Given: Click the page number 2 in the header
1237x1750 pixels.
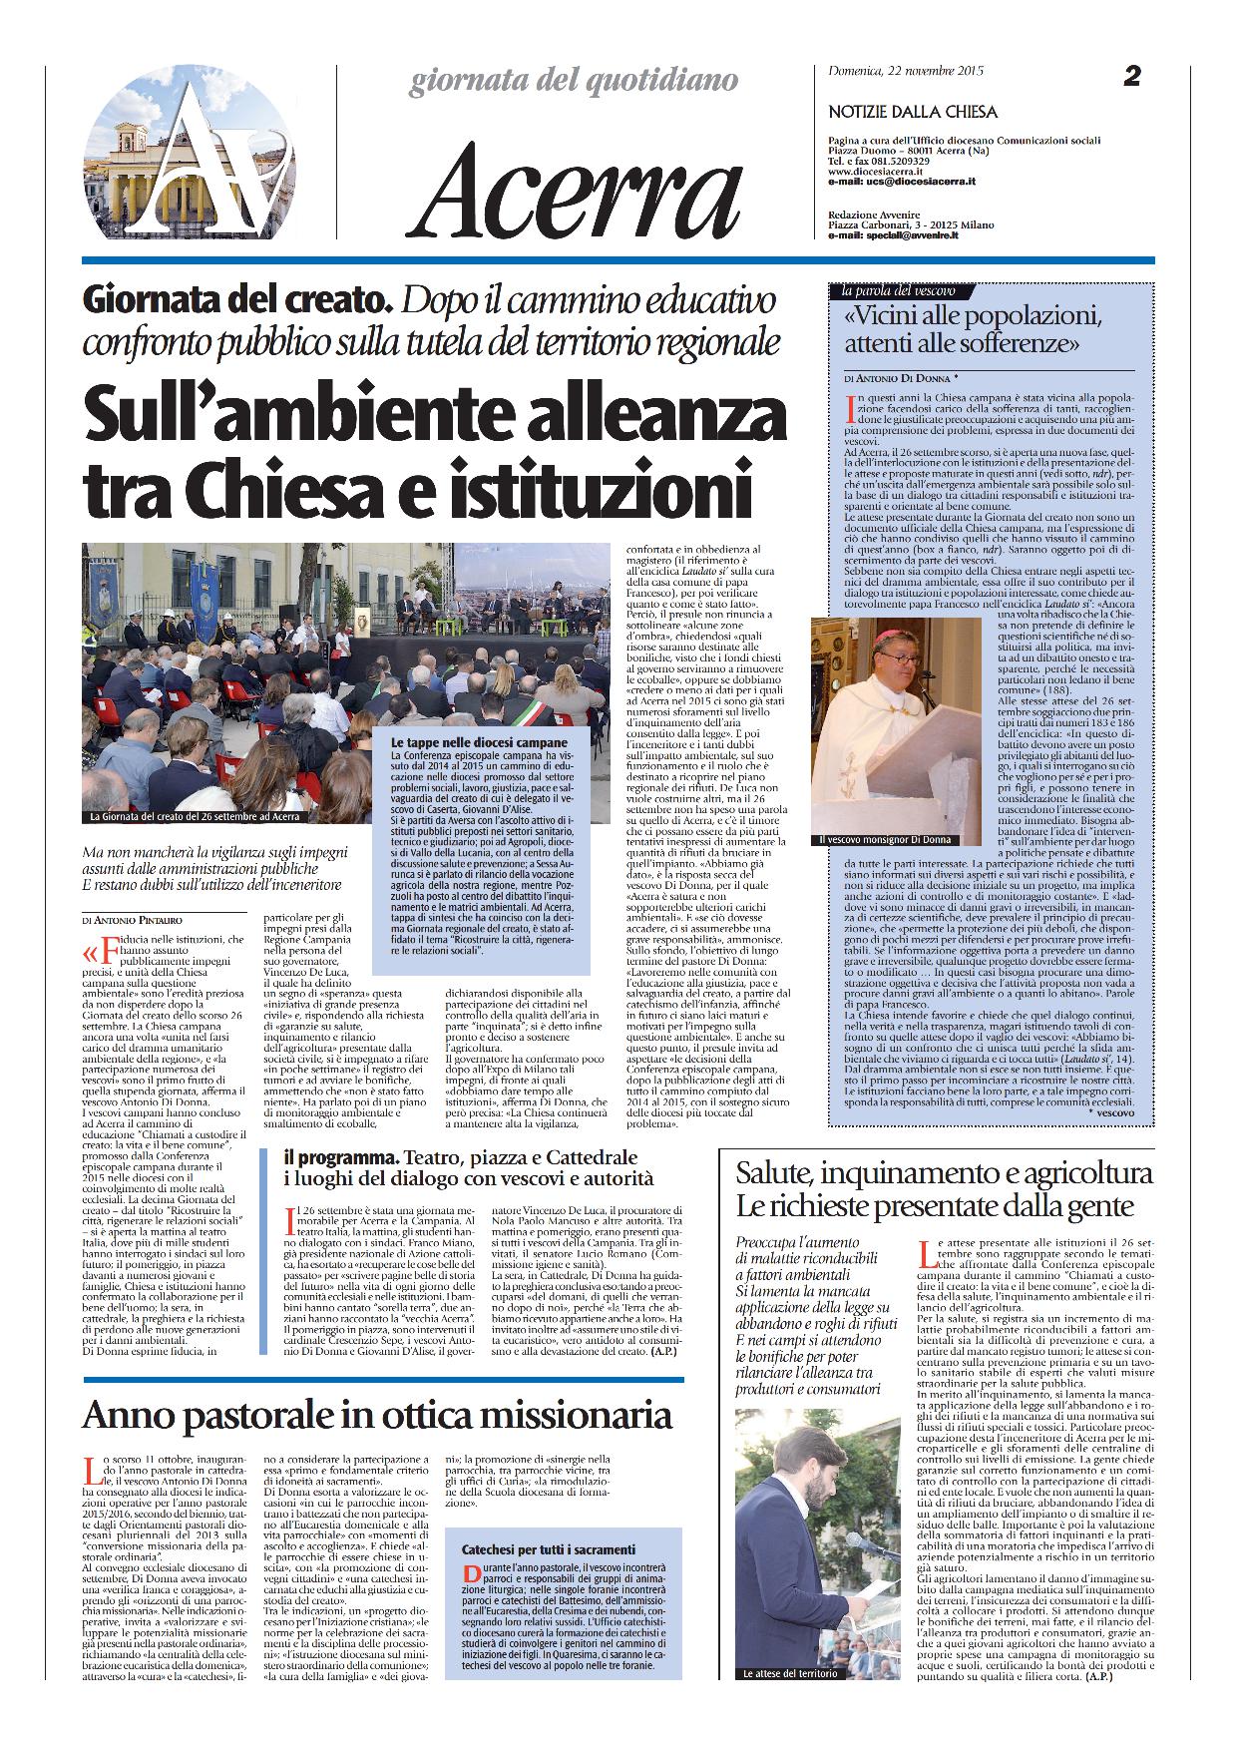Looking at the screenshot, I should [x=1131, y=76].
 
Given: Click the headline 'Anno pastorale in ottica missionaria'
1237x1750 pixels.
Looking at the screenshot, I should [x=376, y=1415].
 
